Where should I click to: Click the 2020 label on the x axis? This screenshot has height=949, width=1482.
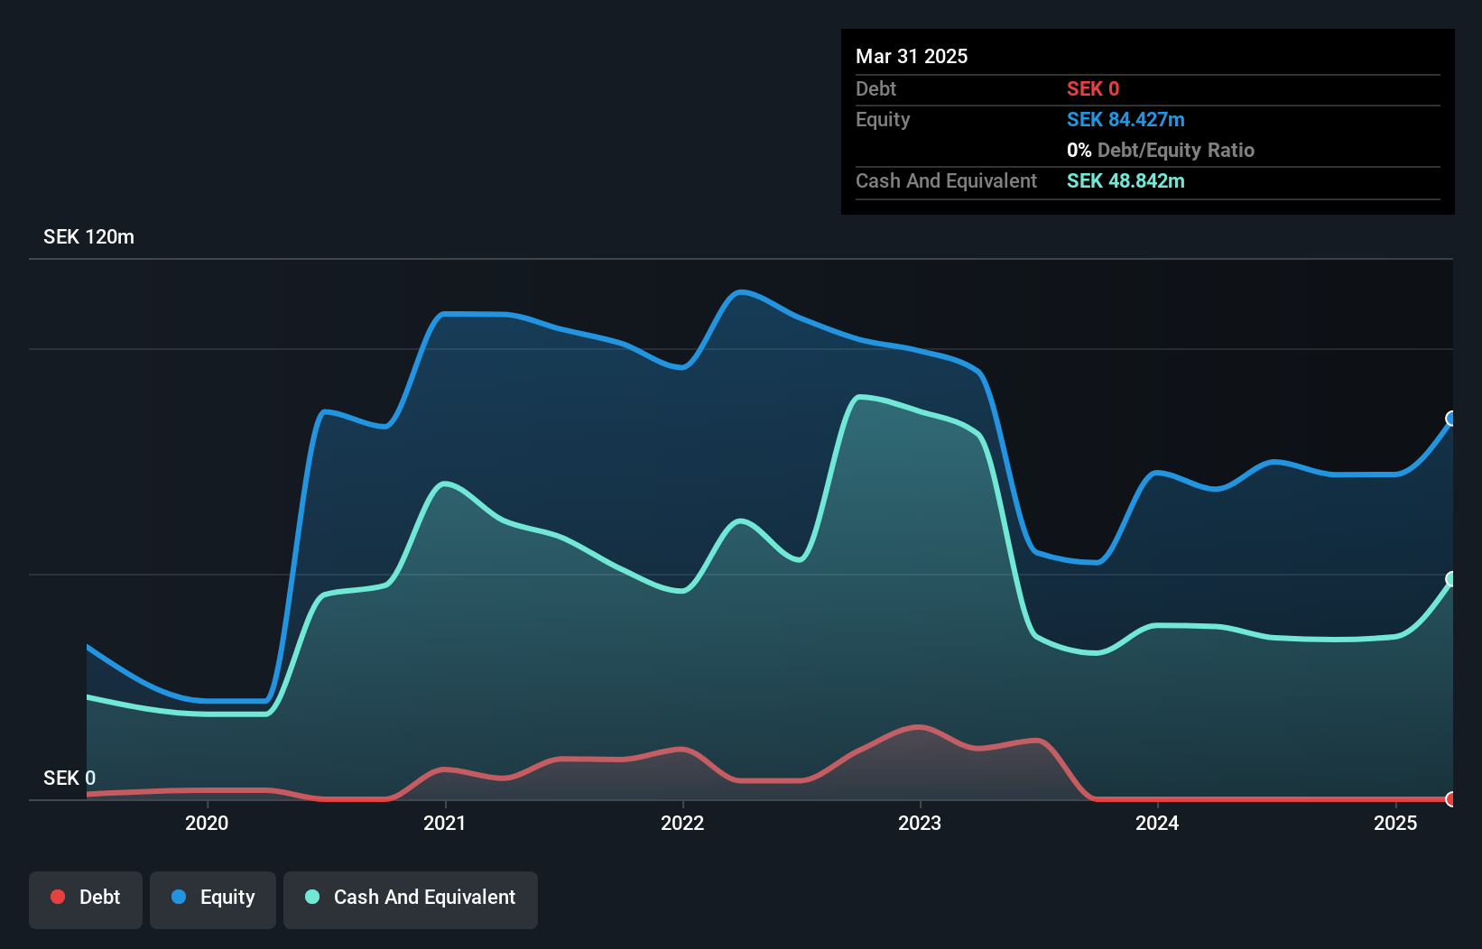click(x=207, y=823)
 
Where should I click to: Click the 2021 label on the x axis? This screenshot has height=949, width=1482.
click(x=444, y=823)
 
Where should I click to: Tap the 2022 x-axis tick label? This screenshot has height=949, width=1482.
click(x=682, y=823)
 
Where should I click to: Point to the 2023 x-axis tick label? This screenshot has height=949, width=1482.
click(x=920, y=823)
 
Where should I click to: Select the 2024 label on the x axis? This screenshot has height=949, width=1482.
click(x=1157, y=823)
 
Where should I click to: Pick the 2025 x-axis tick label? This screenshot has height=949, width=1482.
click(x=1395, y=823)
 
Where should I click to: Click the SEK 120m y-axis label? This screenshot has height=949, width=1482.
click(x=88, y=237)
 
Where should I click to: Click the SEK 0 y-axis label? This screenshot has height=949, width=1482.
click(x=69, y=778)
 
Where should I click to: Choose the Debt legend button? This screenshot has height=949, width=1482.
click(x=86, y=898)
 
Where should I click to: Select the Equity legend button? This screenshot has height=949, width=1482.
click(x=213, y=898)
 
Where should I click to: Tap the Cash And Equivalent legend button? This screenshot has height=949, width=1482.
click(x=411, y=898)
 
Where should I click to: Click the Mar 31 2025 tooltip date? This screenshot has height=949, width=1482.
click(x=912, y=56)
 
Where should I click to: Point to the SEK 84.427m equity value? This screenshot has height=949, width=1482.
click(x=1125, y=120)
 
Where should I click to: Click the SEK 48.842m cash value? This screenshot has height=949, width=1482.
click(x=1125, y=181)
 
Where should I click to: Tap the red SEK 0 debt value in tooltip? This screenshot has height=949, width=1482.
click(x=1092, y=89)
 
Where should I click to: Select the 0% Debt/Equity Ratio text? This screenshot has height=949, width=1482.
click(x=1160, y=151)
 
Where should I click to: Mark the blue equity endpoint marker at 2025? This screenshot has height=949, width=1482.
click(x=1451, y=419)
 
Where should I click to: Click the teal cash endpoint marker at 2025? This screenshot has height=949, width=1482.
click(x=1451, y=579)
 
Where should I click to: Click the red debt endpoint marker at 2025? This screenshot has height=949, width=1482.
click(x=1451, y=799)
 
